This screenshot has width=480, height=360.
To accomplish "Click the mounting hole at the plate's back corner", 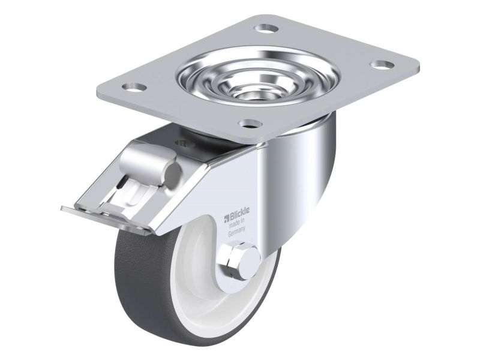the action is (266, 29).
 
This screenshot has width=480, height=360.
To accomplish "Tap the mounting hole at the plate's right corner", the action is (382, 65).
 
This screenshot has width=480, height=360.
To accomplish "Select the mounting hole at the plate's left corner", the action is (134, 87).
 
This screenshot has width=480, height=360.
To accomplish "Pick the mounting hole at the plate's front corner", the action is (251, 124).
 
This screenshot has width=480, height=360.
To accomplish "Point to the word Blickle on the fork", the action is (239, 211).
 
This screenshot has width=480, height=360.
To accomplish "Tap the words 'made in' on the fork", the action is (238, 224).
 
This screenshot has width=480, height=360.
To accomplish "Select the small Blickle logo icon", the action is (227, 218).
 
